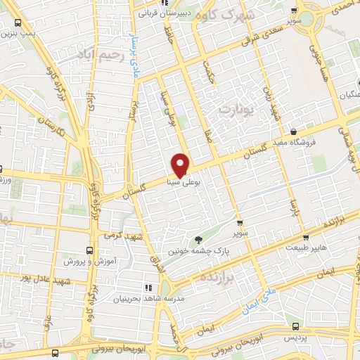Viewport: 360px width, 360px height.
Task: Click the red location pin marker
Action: tap(181, 165)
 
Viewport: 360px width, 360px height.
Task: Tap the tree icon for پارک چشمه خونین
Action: tap(198, 240)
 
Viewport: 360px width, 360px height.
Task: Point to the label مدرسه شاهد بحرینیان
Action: tap(148, 299)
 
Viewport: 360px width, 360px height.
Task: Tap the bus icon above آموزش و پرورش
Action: tap(89, 250)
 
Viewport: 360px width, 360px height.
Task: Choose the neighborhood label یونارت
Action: tap(234, 110)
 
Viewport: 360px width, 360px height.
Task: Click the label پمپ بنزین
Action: tap(17, 28)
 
